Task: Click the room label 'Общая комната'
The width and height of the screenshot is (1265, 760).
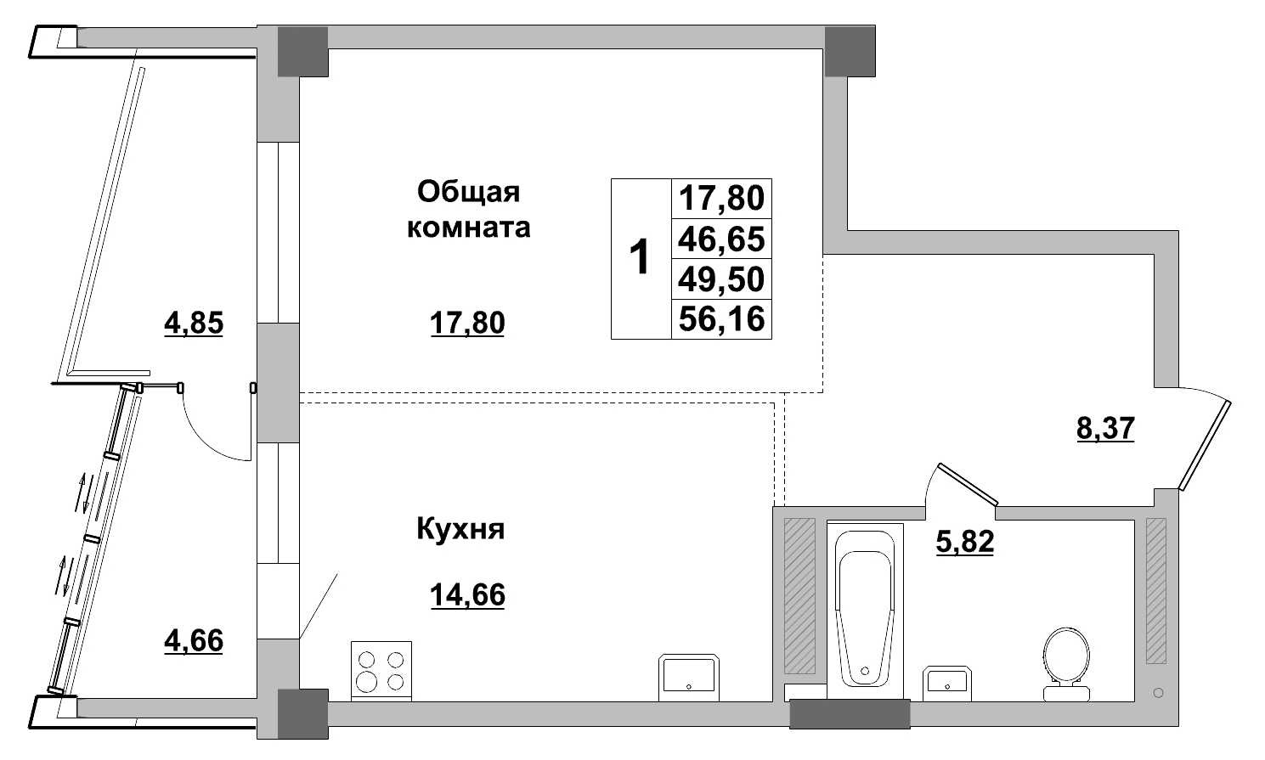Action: pyautogui.click(x=468, y=210)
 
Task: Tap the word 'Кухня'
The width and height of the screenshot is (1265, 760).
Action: pyautogui.click(x=460, y=529)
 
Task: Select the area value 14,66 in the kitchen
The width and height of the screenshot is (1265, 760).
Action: pyautogui.click(x=467, y=595)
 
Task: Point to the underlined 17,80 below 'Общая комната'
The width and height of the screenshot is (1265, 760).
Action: pyautogui.click(x=467, y=323)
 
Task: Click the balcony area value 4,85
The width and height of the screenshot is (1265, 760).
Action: pyautogui.click(x=193, y=323)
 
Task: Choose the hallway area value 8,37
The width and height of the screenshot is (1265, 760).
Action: pyautogui.click(x=1105, y=428)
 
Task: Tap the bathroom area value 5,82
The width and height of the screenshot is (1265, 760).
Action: pyautogui.click(x=964, y=541)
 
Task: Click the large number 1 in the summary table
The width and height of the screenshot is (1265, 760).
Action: pyautogui.click(x=639, y=258)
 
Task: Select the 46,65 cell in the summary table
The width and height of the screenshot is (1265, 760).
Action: pyautogui.click(x=721, y=239)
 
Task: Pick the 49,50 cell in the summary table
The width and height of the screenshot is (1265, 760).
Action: pyautogui.click(x=721, y=279)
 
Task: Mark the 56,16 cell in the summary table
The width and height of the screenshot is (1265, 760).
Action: pyautogui.click(x=721, y=318)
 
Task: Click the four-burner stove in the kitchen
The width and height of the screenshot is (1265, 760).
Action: pyautogui.click(x=381, y=670)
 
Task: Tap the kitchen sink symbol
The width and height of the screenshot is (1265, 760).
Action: pyautogui.click(x=689, y=677)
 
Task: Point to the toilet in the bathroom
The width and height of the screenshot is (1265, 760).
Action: pyautogui.click(x=1066, y=664)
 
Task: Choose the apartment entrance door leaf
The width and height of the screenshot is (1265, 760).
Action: pyautogui.click(x=1206, y=445)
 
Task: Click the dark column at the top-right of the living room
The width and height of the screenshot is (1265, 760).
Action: pyautogui.click(x=850, y=50)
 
